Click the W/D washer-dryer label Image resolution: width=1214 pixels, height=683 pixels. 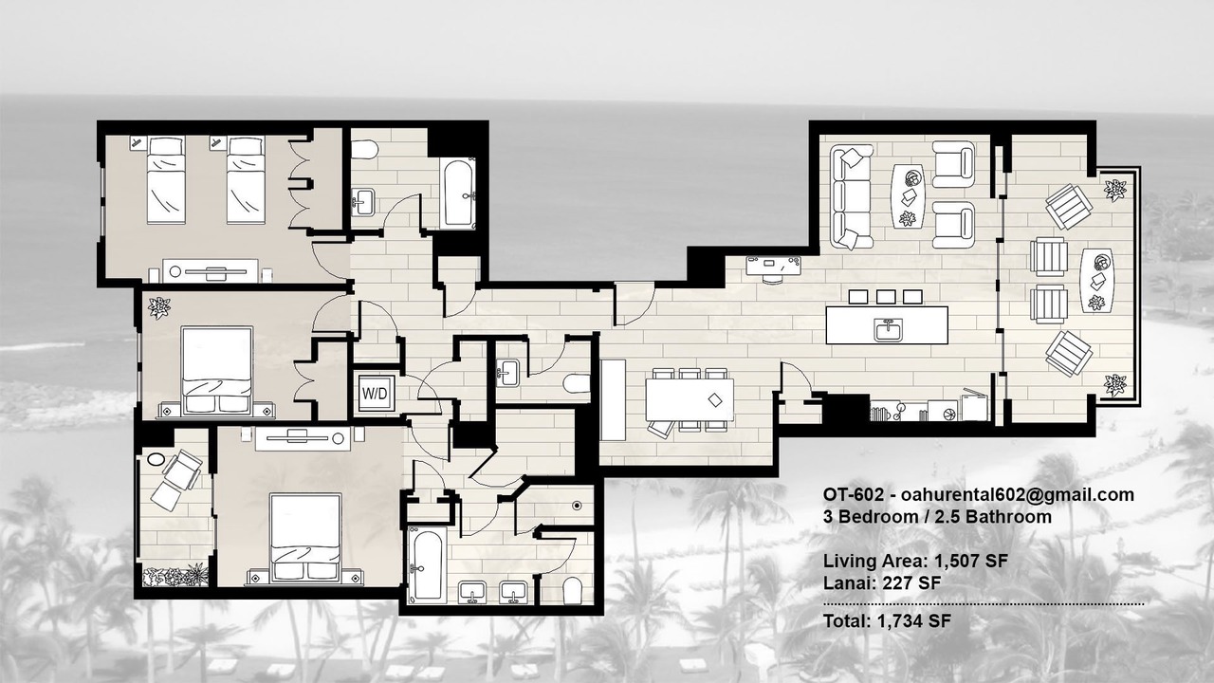point(375,394)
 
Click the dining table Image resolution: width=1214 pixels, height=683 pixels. point(690,399)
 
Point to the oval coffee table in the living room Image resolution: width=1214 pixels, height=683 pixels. point(909,195)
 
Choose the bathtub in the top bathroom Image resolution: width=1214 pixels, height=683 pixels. point(458,193)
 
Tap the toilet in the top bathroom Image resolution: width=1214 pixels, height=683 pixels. point(364,149)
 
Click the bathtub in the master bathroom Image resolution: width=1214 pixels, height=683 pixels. point(426,564)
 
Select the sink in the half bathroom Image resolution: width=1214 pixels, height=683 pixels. point(507,372)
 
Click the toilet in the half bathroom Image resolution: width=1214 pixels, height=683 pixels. point(577,384)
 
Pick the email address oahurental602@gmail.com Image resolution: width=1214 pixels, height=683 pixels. point(1018,494)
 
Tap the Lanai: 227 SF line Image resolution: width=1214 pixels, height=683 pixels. point(882,583)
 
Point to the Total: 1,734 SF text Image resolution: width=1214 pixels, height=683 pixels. point(887,620)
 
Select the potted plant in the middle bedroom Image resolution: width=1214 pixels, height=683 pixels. point(159,308)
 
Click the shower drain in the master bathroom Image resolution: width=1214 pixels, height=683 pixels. point(577,506)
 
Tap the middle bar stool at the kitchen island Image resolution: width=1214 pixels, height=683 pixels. point(886,297)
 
